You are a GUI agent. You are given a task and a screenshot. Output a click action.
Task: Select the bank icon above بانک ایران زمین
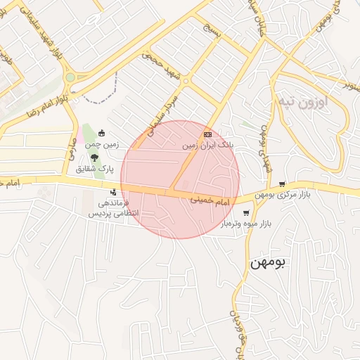(207, 134)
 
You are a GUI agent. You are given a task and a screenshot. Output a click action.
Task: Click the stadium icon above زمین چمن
(103, 134)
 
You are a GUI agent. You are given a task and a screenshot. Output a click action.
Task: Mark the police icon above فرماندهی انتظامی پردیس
(112, 192)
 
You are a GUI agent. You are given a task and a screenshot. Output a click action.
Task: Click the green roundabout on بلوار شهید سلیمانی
(70, 77)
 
